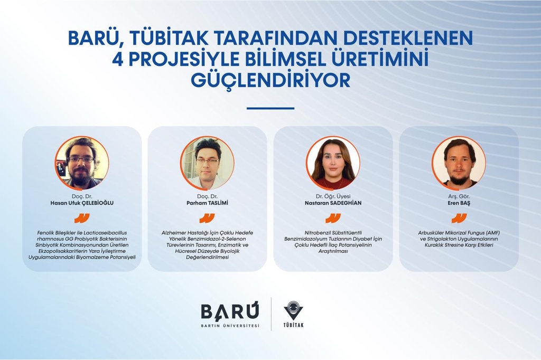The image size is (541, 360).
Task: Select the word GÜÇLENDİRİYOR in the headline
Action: click(270, 80)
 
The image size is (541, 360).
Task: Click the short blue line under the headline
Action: click(270, 108)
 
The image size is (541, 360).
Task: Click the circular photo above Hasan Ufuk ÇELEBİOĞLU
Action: click(82, 163)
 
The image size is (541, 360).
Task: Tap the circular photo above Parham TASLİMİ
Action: click(207, 163)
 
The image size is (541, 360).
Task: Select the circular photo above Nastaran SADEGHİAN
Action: click(333, 163)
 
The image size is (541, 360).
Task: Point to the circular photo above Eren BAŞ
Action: click(459, 163)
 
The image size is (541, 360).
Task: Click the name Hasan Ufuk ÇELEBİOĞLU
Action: click(82, 203)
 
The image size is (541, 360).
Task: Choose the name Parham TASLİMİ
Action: click(207, 203)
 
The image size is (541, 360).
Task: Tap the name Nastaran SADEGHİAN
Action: click(333, 203)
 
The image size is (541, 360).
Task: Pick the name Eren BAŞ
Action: click(459, 203)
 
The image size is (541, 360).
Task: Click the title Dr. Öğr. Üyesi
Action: click(333, 196)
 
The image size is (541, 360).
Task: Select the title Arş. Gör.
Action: click(459, 196)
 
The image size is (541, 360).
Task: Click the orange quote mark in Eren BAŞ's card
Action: click(459, 218)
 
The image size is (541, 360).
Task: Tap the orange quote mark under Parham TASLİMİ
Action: click(207, 218)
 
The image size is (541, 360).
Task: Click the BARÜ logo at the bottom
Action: click(230, 315)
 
